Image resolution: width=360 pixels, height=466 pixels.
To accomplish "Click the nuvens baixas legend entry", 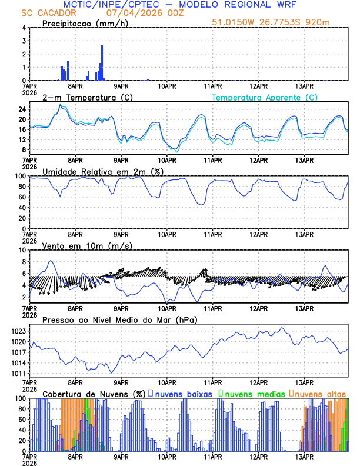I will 179,393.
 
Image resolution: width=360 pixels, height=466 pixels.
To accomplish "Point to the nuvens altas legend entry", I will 318,393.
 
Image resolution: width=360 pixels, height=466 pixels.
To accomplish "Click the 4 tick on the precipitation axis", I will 24,28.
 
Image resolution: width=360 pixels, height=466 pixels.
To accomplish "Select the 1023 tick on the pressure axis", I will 18,331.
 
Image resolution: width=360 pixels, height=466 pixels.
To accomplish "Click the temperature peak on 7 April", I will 60,105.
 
